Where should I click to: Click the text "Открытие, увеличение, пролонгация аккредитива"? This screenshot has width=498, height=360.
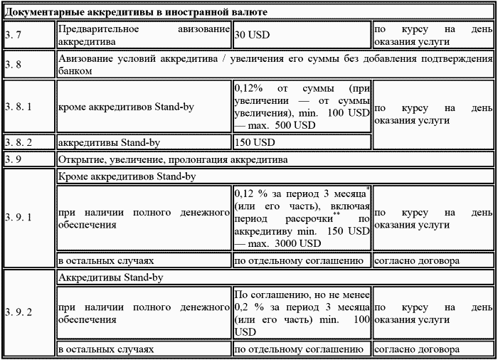pyautogui.click(x=173, y=159)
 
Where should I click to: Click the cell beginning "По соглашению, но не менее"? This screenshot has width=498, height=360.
pyautogui.click(x=302, y=312)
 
